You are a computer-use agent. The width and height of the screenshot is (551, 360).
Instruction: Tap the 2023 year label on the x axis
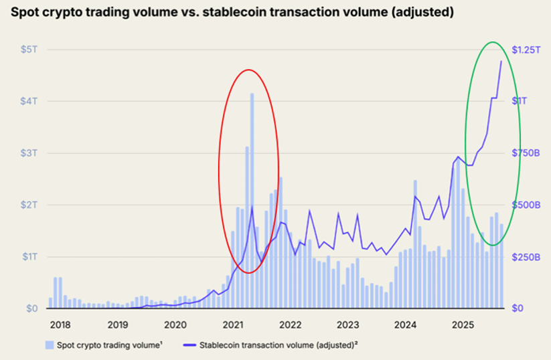348,325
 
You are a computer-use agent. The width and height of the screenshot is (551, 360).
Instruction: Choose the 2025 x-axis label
463,325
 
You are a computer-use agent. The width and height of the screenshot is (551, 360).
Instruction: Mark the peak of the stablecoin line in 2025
501,62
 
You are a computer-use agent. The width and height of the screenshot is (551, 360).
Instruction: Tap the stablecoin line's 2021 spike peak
252,208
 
